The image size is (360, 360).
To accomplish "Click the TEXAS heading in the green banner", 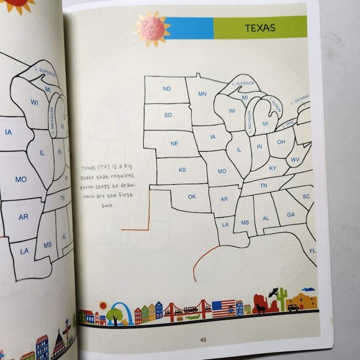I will [260, 28].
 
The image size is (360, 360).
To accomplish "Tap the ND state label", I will [166, 89].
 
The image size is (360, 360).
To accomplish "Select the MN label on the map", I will [202, 94].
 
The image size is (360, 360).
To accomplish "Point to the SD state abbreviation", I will [168, 115].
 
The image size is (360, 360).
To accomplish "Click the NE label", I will [174, 143].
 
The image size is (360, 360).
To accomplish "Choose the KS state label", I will [182, 170].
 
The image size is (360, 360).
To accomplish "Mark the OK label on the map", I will [192, 197].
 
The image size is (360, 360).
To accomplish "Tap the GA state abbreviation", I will [290, 215].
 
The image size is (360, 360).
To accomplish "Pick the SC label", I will [306, 197].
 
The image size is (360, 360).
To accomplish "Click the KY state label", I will [272, 168].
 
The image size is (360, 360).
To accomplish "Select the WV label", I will [295, 160].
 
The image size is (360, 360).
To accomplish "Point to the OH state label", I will [281, 142].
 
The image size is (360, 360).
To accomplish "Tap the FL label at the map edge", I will [312, 251].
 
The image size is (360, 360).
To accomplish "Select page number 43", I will [203, 339].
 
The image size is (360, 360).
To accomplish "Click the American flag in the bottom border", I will [223, 307].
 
